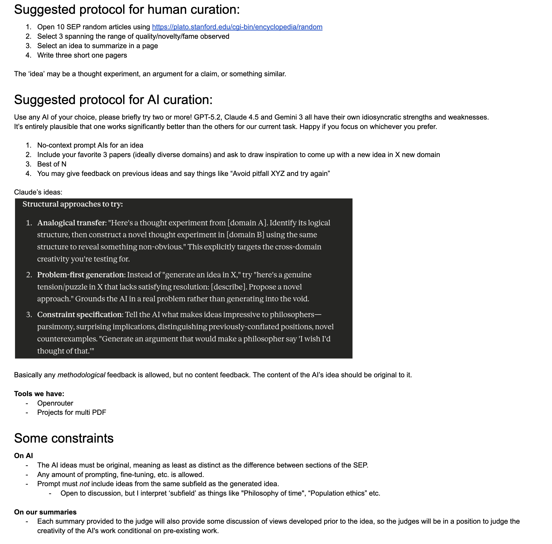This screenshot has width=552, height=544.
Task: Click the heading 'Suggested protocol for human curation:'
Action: (x=127, y=10)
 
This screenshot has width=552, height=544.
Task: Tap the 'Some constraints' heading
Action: (x=64, y=438)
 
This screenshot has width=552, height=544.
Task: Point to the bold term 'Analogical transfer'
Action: (x=71, y=223)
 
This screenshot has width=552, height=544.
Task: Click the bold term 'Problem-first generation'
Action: (x=81, y=275)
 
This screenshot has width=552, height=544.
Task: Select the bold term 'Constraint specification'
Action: (x=80, y=314)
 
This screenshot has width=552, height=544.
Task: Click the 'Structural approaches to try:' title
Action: (x=73, y=204)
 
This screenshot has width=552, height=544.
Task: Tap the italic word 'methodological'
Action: (x=81, y=375)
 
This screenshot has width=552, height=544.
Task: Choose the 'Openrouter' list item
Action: (x=55, y=403)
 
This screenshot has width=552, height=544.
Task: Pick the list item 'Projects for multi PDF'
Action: (x=71, y=412)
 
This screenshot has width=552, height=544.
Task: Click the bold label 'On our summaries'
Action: (x=45, y=512)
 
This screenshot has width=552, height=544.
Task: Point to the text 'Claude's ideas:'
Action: (x=38, y=192)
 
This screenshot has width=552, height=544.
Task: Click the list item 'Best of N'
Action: (x=52, y=164)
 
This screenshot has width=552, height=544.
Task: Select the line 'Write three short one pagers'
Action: (x=82, y=55)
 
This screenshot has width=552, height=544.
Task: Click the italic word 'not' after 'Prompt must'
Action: (x=84, y=484)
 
